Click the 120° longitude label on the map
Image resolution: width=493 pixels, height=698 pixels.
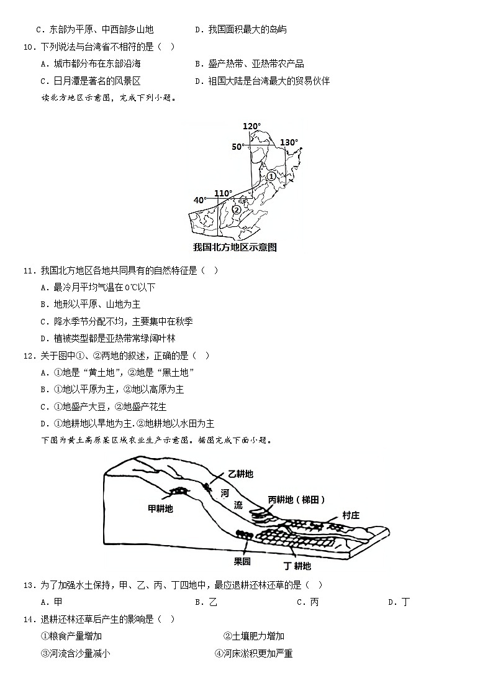coord(251,126)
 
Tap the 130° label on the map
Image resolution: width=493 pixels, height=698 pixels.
coord(289,142)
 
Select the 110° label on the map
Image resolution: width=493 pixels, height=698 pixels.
coord(223,193)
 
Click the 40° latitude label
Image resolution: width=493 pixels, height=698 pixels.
coord(200,200)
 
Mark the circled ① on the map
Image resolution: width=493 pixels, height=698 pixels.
coord(271,177)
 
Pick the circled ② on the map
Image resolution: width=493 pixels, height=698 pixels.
coord(237,209)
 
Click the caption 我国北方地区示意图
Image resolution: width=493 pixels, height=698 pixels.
coord(235,247)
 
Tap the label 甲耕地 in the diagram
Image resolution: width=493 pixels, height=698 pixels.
coord(160,508)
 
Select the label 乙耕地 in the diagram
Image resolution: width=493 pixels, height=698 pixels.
coord(240,474)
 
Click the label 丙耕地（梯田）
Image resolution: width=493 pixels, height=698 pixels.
coord(296,500)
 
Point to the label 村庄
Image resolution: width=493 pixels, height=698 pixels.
coord(351,515)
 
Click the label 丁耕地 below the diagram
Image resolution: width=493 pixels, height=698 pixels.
coord(297,566)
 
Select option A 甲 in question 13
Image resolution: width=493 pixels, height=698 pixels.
coord(52,602)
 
